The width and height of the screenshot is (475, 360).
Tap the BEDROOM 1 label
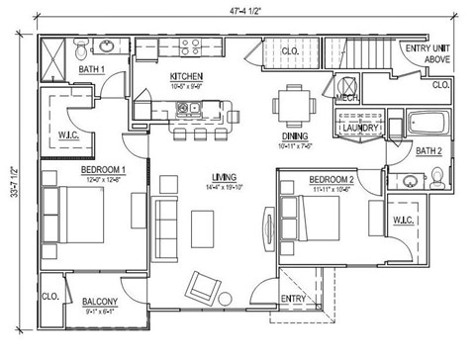103,169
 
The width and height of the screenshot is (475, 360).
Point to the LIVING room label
195,178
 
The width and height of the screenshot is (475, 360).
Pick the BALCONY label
101,302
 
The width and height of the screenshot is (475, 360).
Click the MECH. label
346,99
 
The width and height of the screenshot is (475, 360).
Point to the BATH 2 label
428,151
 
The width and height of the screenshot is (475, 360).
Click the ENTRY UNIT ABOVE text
427,52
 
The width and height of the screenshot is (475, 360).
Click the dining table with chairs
294,102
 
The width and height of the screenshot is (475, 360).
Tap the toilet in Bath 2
437,175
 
